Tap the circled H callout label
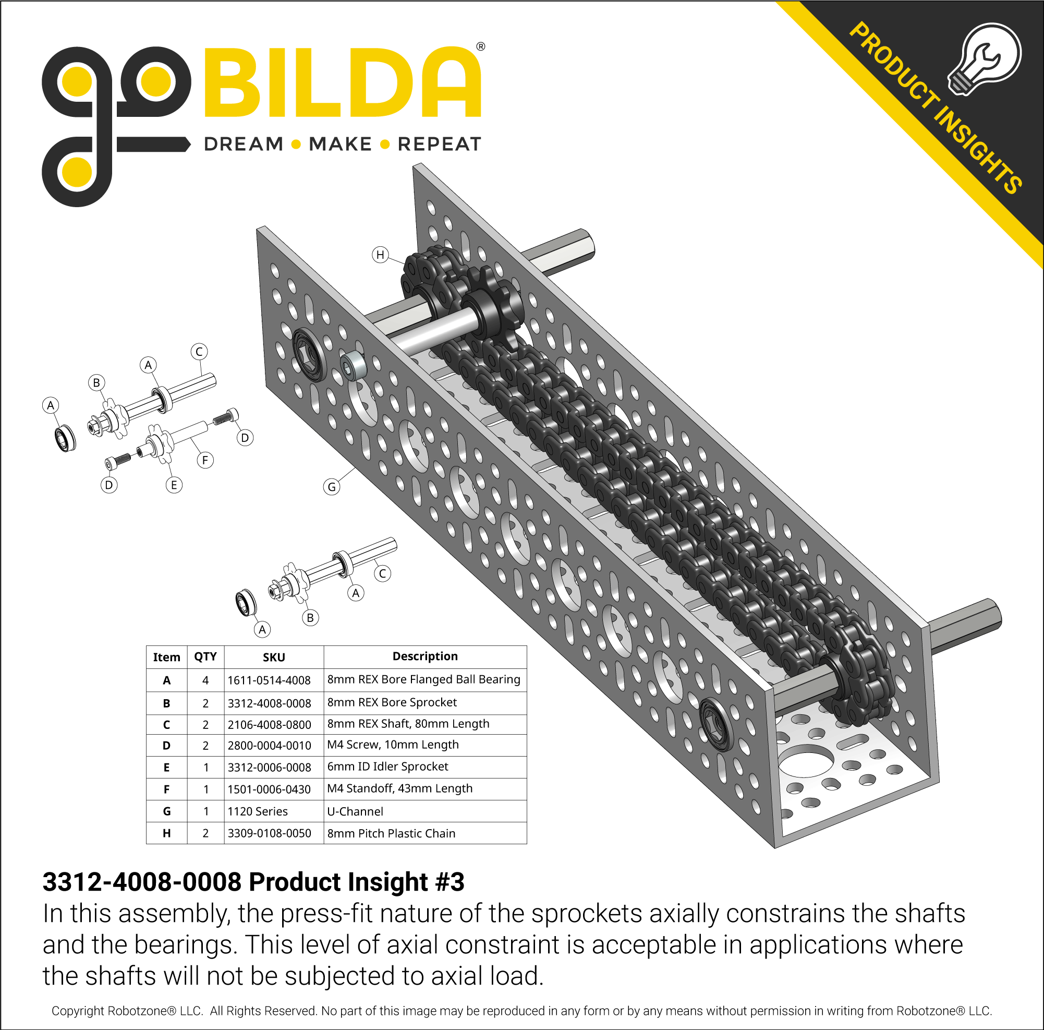(381, 254)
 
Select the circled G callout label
(332, 487)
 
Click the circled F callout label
(205, 460)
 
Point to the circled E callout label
(174, 485)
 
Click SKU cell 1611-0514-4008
(269, 680)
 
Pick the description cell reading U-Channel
(355, 811)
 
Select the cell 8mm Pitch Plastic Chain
(391, 833)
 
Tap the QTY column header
(205, 656)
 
